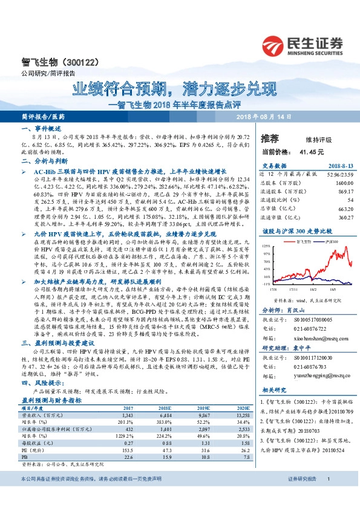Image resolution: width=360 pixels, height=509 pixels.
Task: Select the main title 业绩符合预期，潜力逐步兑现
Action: coord(174,89)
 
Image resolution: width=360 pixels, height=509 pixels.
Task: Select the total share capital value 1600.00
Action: coord(344,183)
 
